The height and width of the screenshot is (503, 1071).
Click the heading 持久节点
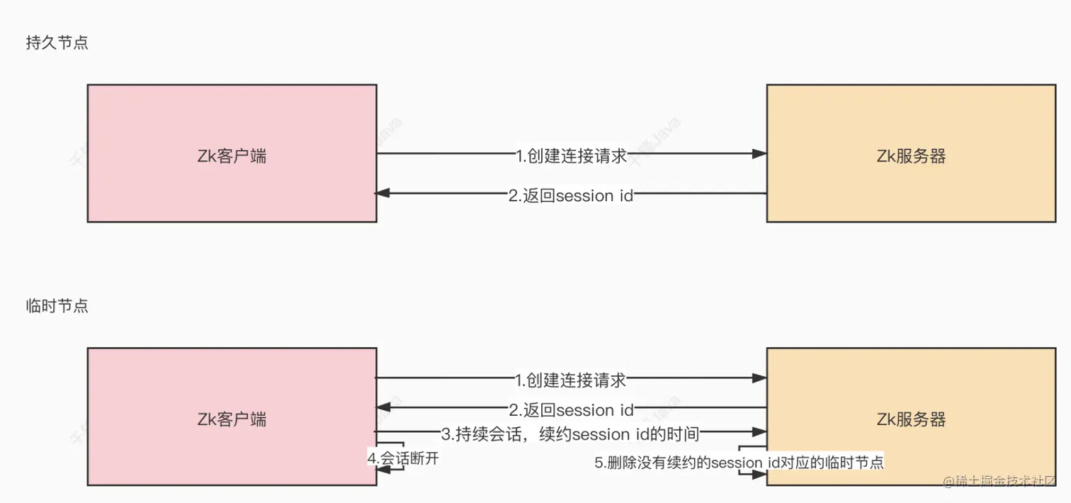(57, 43)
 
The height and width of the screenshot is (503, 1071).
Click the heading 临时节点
(57, 307)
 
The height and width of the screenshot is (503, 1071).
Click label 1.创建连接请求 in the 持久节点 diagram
(571, 156)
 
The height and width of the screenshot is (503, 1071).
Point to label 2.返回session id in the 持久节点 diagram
(571, 196)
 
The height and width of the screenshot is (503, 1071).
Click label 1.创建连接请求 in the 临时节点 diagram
(571, 380)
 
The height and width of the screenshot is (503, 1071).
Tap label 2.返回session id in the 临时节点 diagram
(571, 409)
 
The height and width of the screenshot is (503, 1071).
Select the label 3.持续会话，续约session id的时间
(571, 433)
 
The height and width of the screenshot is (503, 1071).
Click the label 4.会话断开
(403, 458)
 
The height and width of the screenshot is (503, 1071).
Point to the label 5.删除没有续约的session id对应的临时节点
(739, 463)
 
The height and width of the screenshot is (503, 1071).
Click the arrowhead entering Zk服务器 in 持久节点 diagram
(759, 154)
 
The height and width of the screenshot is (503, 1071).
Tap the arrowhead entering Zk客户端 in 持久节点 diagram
(382, 193)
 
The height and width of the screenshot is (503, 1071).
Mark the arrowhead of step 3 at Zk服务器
(759, 431)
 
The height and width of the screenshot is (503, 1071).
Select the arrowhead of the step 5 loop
(759, 475)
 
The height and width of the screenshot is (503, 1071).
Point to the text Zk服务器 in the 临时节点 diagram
(911, 419)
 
